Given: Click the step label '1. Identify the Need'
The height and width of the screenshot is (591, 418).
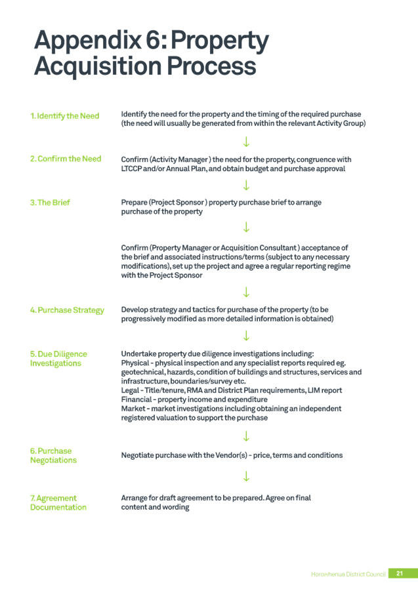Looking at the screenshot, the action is (x=65, y=116).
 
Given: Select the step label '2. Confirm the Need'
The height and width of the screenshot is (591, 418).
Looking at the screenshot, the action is (x=66, y=159).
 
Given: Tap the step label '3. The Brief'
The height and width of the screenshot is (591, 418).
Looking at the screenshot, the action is (x=50, y=203).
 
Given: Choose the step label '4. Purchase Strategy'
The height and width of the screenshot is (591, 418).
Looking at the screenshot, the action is (x=67, y=310).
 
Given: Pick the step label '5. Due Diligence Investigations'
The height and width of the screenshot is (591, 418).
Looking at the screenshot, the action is (x=58, y=359).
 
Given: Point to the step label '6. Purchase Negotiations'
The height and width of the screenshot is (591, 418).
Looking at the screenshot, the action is (x=53, y=455).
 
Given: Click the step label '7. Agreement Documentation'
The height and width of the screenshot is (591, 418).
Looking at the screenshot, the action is (x=58, y=502).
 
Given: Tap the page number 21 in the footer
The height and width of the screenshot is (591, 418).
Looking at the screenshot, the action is (x=400, y=573).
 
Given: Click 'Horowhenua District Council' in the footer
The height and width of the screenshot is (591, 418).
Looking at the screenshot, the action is (x=348, y=574).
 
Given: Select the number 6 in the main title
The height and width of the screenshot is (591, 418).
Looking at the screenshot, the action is (x=154, y=39).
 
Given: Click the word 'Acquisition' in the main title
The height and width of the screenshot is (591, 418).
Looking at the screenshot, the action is (x=98, y=66).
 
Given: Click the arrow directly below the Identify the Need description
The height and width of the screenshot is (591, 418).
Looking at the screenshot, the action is (x=246, y=142).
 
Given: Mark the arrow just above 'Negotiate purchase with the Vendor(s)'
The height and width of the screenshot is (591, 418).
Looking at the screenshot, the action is (x=246, y=436).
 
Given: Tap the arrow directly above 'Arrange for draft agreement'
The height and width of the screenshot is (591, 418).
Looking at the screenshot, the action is (x=246, y=476).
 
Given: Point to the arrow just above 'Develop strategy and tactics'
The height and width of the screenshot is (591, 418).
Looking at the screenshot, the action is (x=246, y=292).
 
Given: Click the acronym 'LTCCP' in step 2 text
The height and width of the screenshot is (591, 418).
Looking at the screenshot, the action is (x=131, y=169).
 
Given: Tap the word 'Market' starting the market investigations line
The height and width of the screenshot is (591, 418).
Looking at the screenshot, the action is (x=133, y=409).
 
